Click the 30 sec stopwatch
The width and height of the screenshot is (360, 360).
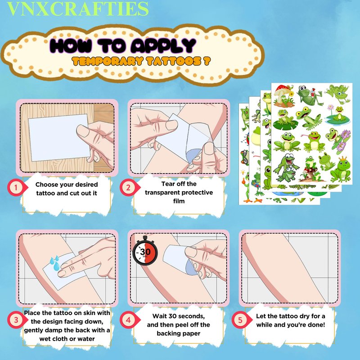(x=145, y=251)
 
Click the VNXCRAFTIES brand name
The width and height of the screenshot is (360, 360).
(x=78, y=9)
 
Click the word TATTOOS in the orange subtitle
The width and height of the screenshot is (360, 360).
(x=173, y=61)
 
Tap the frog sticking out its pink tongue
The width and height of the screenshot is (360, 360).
(x=313, y=142)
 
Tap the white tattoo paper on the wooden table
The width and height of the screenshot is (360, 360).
(x=59, y=137)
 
